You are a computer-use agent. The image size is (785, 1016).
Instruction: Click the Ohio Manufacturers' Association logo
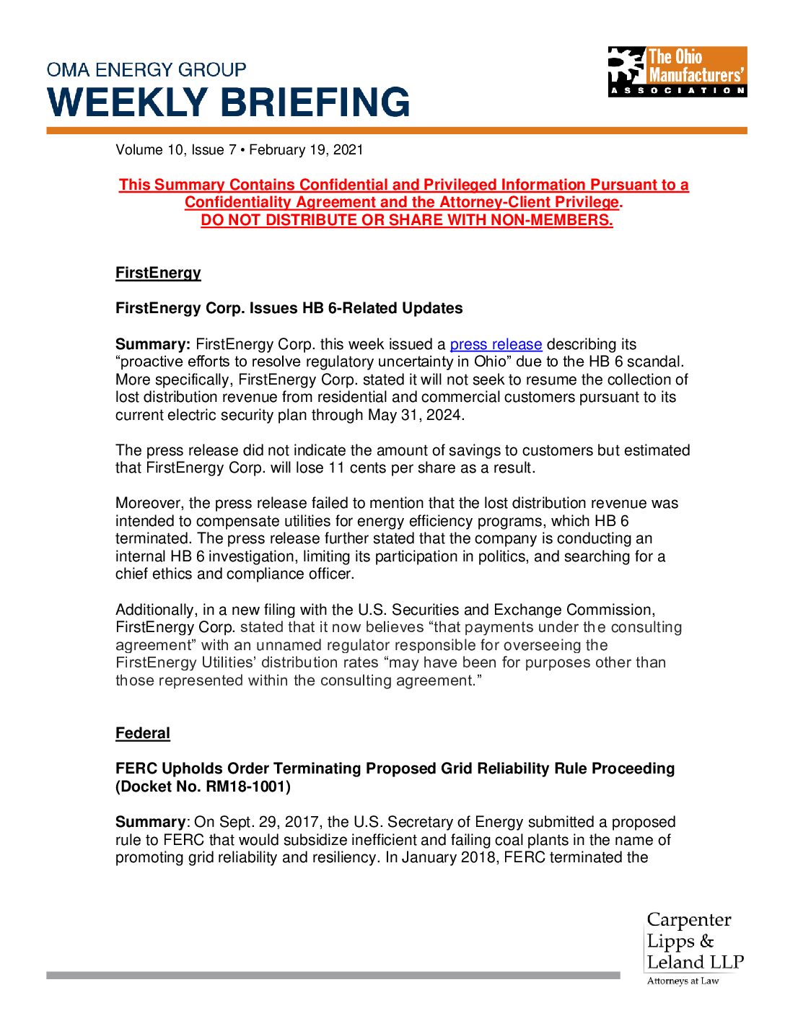click(x=677, y=71)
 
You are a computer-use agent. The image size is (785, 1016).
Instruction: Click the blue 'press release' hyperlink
click(x=496, y=344)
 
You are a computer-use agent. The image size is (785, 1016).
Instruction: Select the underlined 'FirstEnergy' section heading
click(x=158, y=273)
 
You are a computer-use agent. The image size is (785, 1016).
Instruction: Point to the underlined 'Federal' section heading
click(x=143, y=733)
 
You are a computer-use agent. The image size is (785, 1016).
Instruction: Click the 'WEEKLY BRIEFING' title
click(x=229, y=102)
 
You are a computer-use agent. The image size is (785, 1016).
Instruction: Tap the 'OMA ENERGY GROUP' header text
click(x=146, y=70)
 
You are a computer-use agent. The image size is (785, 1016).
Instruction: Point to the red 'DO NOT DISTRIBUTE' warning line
click(x=407, y=220)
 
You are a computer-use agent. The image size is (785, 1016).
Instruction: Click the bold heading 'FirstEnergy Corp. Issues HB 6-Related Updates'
click(x=289, y=308)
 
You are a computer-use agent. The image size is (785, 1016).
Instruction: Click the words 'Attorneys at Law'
click(x=683, y=981)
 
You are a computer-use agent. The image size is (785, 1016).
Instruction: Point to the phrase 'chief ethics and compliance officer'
click(x=234, y=574)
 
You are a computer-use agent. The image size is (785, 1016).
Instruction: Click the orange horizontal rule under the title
click(x=396, y=131)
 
